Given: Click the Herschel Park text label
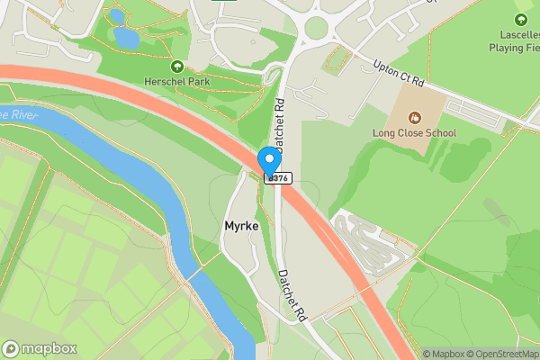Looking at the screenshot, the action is (x=175, y=81).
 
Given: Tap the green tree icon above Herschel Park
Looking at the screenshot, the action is (x=176, y=66).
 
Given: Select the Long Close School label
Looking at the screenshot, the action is (x=415, y=133).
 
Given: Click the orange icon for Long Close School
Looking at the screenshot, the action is (x=415, y=117).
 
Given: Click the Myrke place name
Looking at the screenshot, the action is (x=241, y=227).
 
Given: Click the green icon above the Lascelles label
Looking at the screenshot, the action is (x=521, y=20).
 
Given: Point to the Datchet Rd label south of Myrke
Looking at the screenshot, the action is (x=292, y=296).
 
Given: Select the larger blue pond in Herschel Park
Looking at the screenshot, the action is (x=126, y=38).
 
